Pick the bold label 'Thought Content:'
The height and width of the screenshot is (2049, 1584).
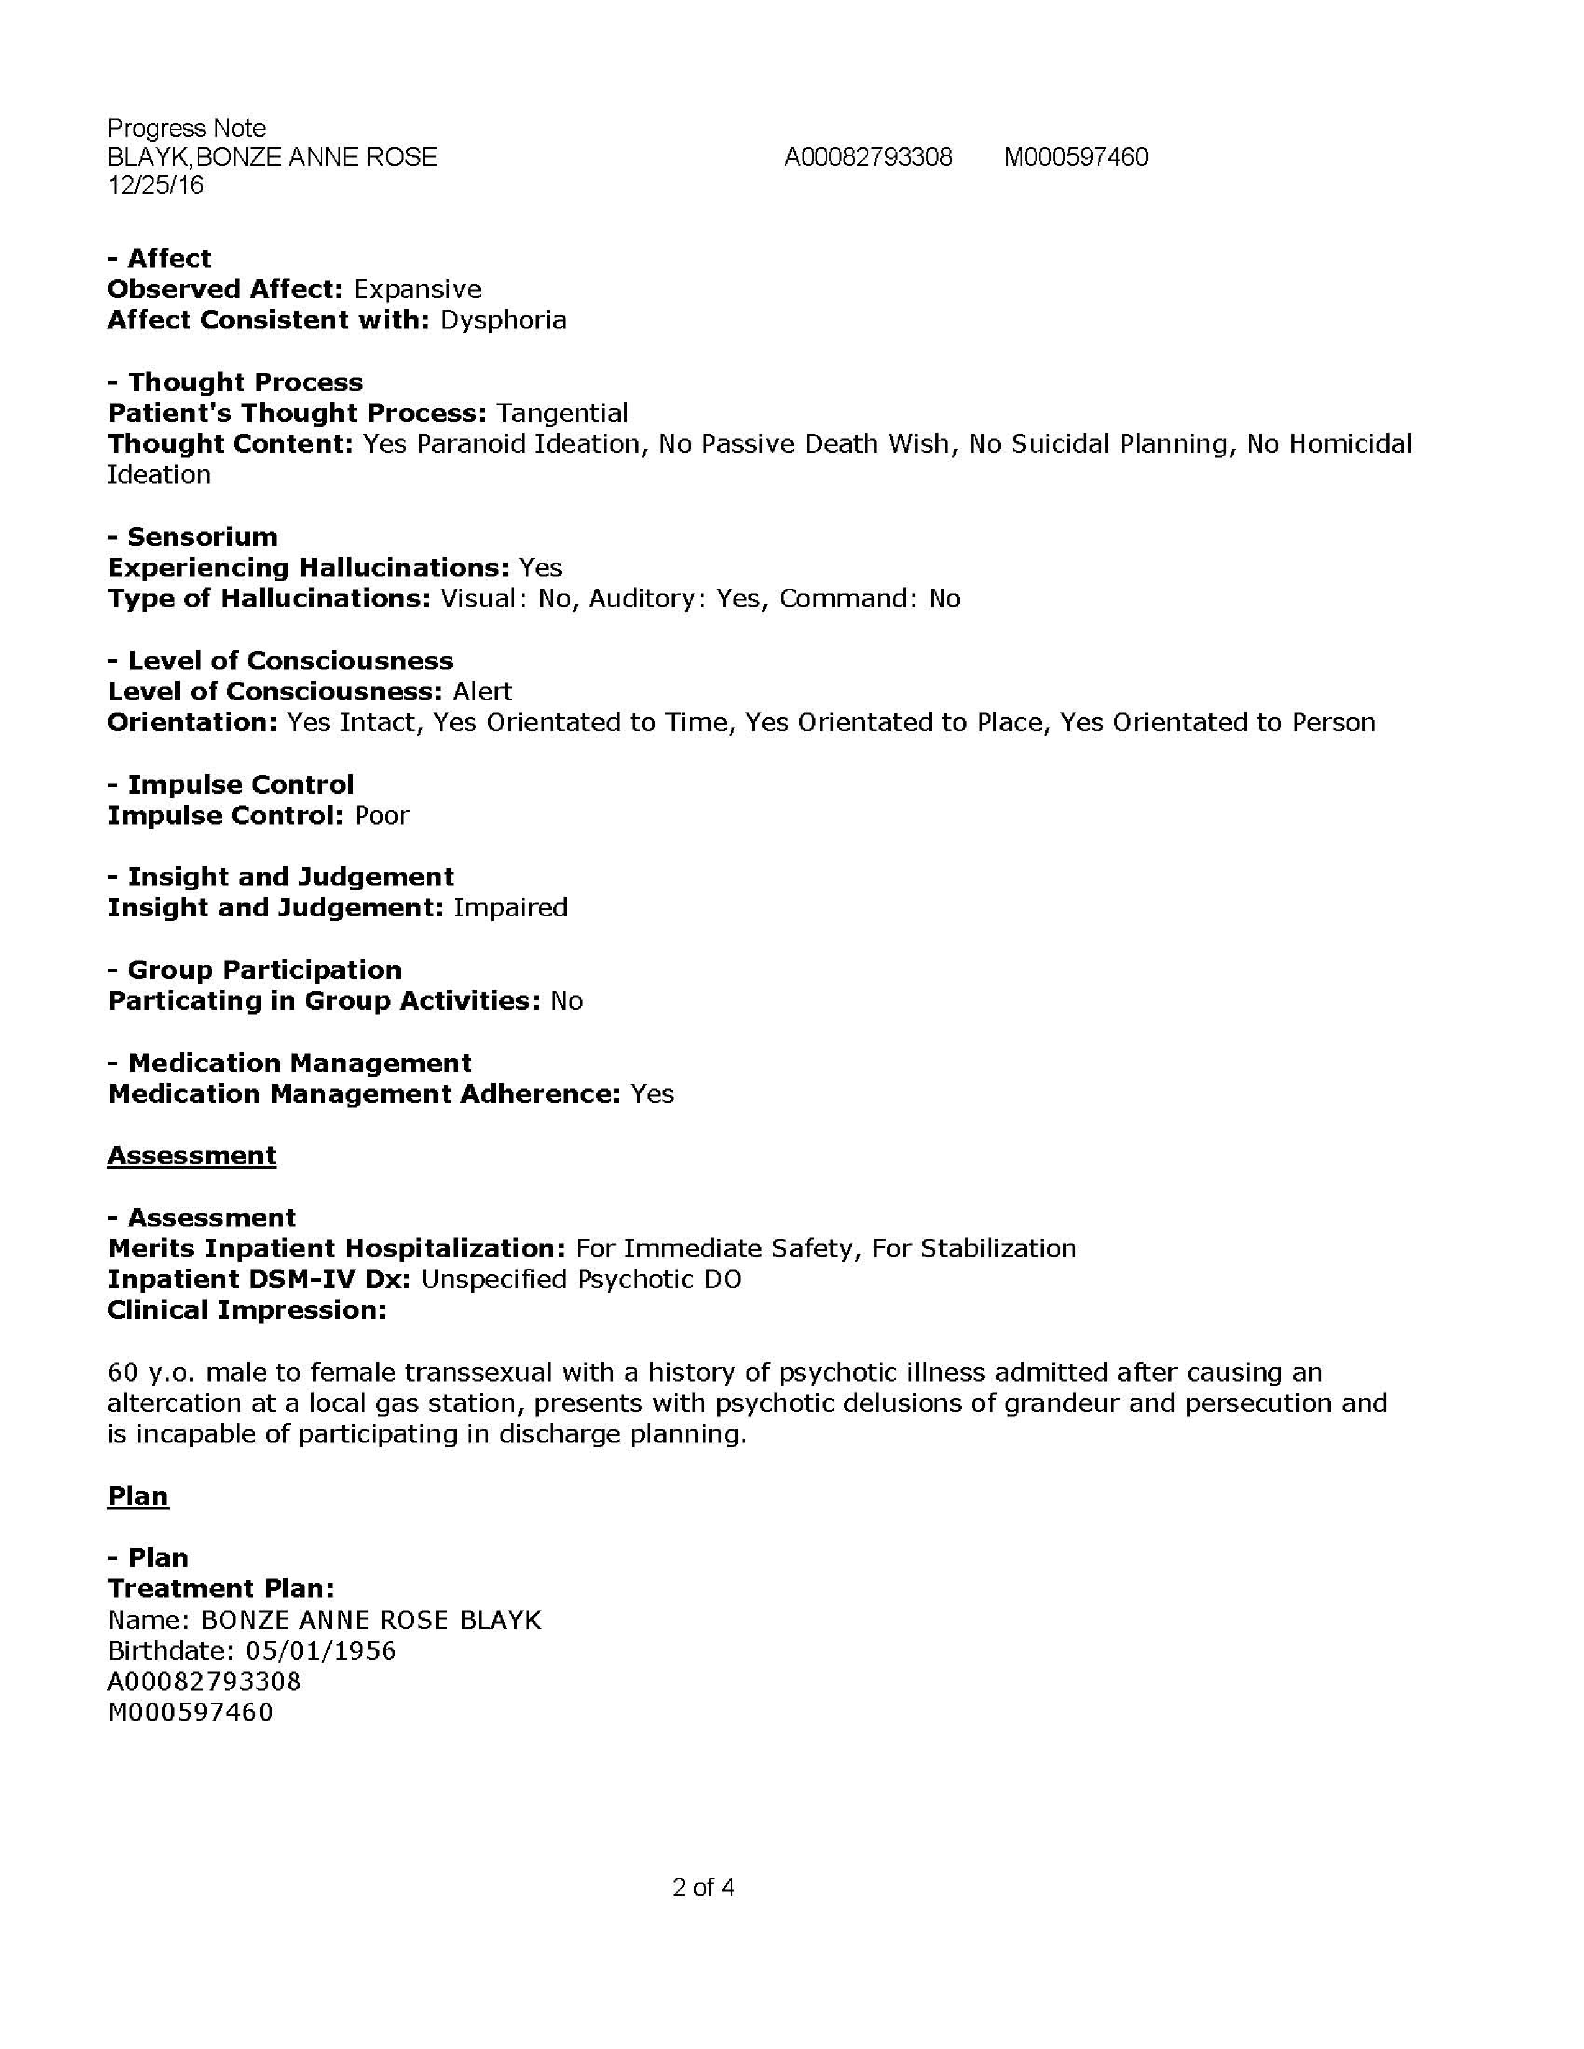[229, 444]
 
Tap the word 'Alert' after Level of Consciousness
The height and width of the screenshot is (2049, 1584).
[482, 692]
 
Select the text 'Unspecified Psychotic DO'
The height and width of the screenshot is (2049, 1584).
[581, 1280]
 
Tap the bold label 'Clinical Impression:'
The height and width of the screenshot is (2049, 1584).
[247, 1311]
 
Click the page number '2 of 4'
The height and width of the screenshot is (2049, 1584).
[703, 1887]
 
